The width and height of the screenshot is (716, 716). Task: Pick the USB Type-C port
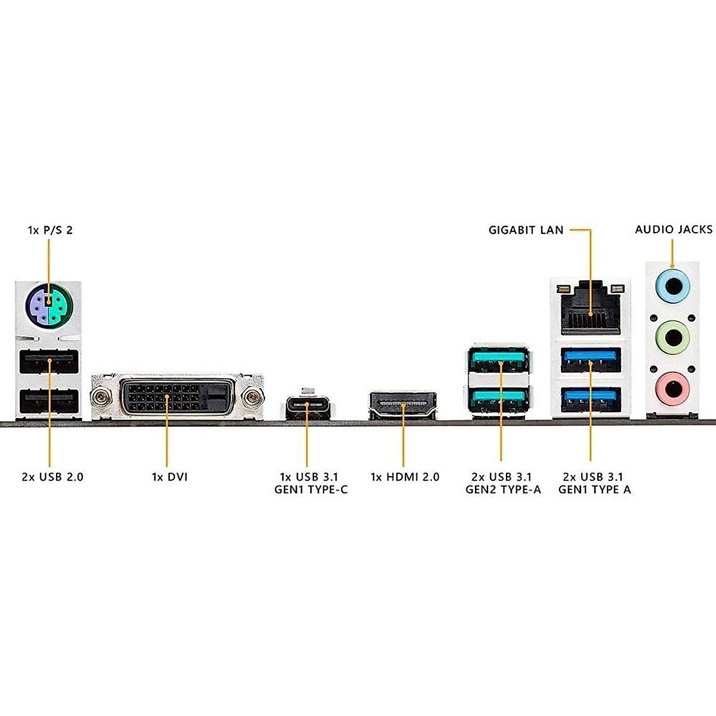coord(307,405)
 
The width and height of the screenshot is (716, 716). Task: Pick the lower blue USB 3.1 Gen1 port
coord(591,399)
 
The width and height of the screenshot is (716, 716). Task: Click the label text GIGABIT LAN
coord(526,230)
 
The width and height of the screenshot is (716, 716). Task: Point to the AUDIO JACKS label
coord(674,229)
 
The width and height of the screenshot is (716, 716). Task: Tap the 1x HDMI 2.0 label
coord(405,477)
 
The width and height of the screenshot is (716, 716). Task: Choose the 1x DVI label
coord(169,477)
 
